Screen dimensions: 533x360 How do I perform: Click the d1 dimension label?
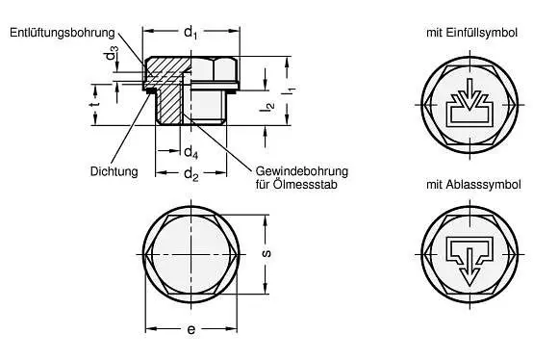(190, 33)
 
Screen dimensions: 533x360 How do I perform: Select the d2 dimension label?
(191, 174)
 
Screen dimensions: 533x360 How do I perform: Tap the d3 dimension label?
(112, 53)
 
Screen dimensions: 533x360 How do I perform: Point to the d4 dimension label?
(190, 152)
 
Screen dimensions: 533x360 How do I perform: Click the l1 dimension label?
(291, 90)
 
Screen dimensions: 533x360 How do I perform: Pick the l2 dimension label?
(268, 107)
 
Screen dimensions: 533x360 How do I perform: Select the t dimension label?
(95, 103)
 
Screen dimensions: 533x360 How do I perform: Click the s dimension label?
(266, 253)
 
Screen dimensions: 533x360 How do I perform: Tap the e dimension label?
(191, 329)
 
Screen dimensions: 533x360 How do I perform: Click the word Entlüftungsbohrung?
(63, 33)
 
